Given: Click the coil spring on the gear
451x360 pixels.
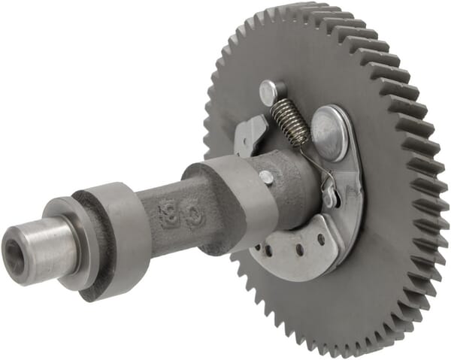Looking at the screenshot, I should pyautogui.click(x=290, y=122).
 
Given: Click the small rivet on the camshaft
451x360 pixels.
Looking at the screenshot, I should pyautogui.click(x=266, y=177).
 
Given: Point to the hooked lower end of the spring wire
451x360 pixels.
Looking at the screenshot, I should pyautogui.click(x=328, y=185).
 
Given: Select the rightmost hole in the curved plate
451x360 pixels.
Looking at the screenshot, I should pyautogui.click(x=321, y=241).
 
